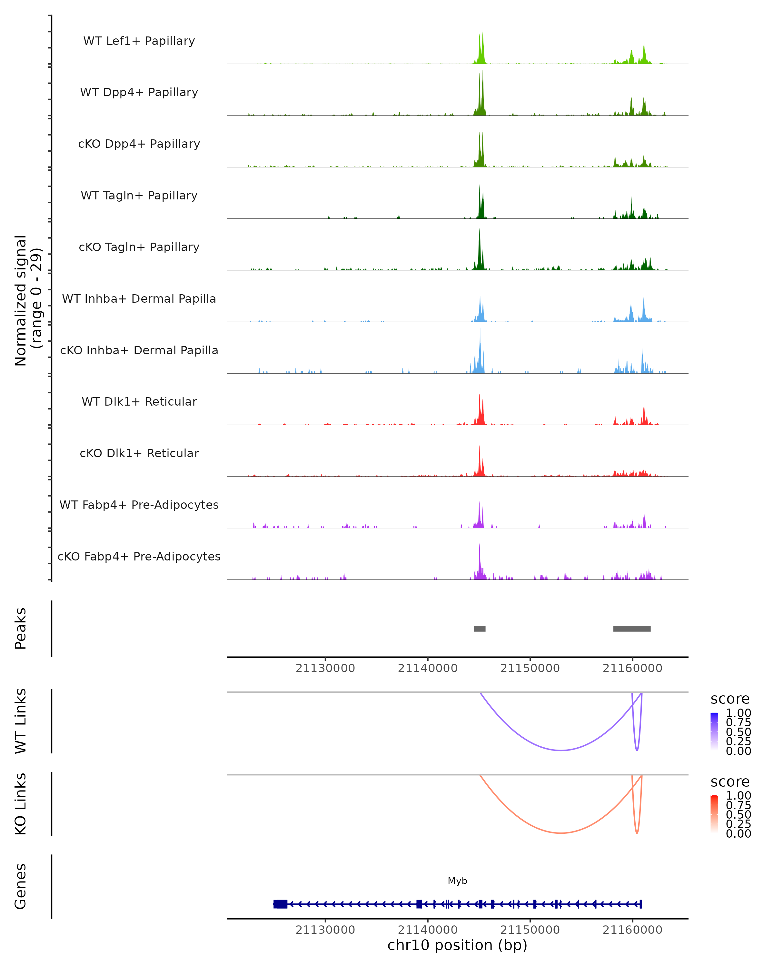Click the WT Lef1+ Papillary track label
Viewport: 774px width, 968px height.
click(x=139, y=41)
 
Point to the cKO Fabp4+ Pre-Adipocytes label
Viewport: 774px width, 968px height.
click(x=139, y=556)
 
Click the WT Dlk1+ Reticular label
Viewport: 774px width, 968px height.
click(x=139, y=401)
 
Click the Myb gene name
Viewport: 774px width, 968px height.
click(x=457, y=881)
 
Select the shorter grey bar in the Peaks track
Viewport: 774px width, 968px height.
click(x=480, y=629)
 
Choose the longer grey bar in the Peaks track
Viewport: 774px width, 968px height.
click(x=632, y=629)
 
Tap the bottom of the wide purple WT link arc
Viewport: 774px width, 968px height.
click(x=561, y=750)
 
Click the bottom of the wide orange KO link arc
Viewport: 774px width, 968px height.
click(x=561, y=833)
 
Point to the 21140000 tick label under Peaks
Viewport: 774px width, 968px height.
click(x=428, y=668)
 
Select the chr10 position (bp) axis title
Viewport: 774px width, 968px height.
click(x=457, y=945)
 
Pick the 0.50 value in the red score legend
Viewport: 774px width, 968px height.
click(x=738, y=814)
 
